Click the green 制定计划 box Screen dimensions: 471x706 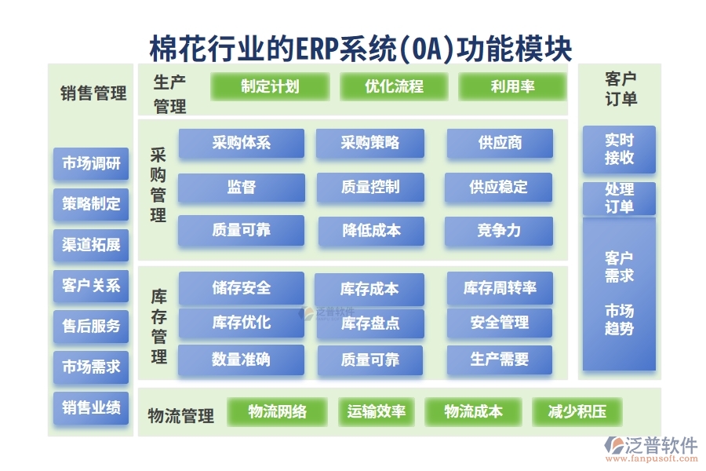click(x=270, y=86)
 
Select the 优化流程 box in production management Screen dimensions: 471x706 click(x=394, y=86)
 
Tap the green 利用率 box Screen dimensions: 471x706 click(x=511, y=86)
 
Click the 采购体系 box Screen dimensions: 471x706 click(x=241, y=144)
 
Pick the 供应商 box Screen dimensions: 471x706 click(x=500, y=144)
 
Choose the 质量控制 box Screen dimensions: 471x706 click(x=370, y=188)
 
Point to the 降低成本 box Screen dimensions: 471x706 click(x=371, y=231)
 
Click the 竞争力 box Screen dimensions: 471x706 click(x=499, y=231)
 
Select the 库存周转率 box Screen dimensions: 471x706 click(x=500, y=288)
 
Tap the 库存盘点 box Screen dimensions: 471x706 click(x=369, y=323)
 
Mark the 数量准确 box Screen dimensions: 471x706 click(x=241, y=360)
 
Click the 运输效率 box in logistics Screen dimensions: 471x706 click(x=377, y=411)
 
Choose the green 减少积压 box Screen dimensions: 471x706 click(x=577, y=411)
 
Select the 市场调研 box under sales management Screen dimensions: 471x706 click(x=91, y=164)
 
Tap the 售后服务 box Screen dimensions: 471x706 click(x=91, y=326)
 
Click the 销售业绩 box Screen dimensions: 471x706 click(x=91, y=407)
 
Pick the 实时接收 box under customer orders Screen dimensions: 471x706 click(x=619, y=149)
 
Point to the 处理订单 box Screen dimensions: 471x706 click(x=619, y=199)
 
